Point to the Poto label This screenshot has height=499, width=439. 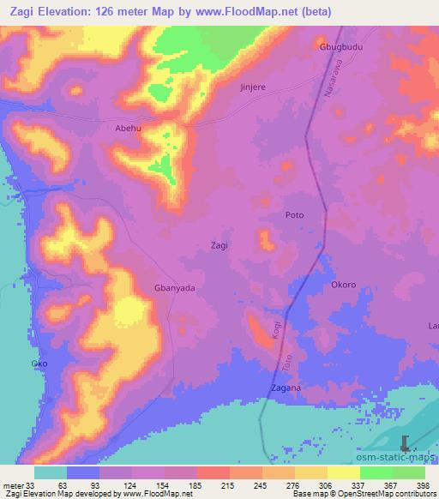point(294,216)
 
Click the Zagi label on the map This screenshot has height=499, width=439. point(219,245)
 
